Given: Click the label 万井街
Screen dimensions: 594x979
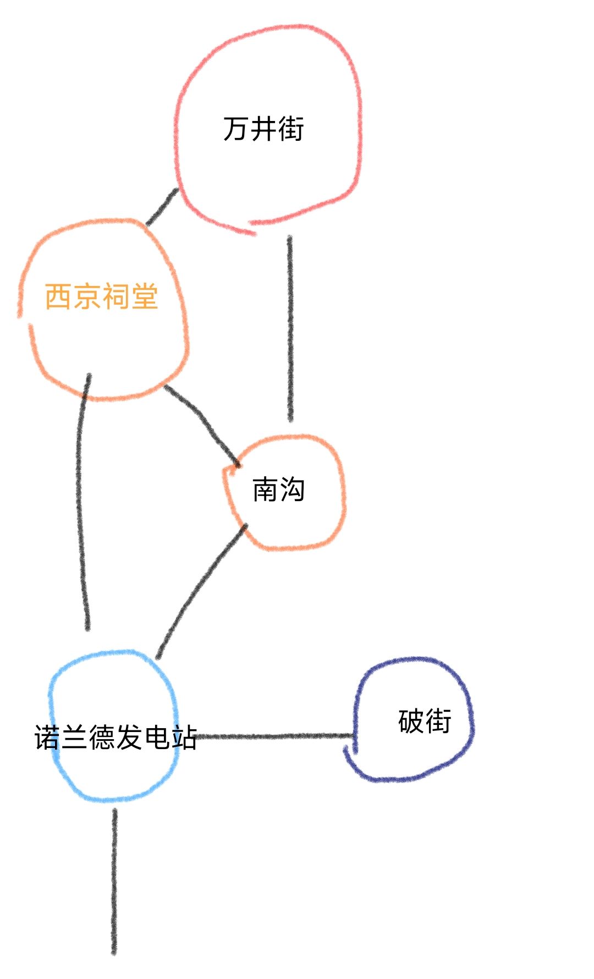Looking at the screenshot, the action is [263, 129].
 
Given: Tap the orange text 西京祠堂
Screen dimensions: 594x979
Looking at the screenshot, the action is [102, 296].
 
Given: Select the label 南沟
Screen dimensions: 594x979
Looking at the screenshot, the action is [278, 489].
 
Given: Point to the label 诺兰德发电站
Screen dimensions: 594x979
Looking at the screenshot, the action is [116, 737].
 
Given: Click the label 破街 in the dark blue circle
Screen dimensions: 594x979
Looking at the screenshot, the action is [425, 721].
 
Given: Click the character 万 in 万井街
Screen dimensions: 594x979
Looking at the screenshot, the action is [236, 129].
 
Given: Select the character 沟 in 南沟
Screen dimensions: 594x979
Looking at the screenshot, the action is [292, 489].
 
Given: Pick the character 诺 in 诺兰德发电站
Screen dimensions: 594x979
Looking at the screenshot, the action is [48, 737].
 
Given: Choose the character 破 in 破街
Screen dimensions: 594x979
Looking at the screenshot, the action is [411, 721].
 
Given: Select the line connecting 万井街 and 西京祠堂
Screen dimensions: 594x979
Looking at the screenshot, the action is [162, 207].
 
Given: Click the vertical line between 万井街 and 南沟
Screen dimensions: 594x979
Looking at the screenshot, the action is [290, 328].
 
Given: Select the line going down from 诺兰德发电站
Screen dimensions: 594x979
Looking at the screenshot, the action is [114, 882].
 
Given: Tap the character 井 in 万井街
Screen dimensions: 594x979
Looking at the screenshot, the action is [263, 129].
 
